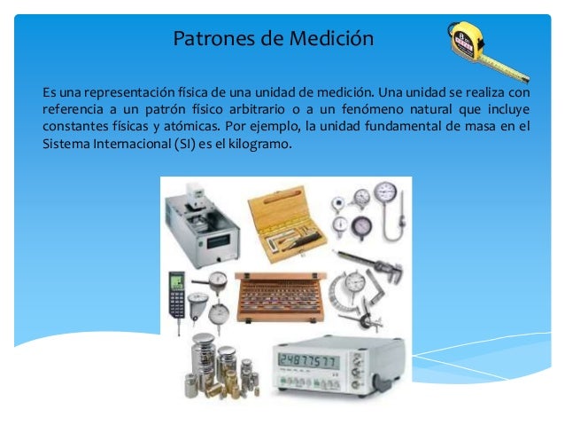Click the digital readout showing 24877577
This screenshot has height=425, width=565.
click(309, 358)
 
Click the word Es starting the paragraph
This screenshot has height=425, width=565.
click(48, 92)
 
